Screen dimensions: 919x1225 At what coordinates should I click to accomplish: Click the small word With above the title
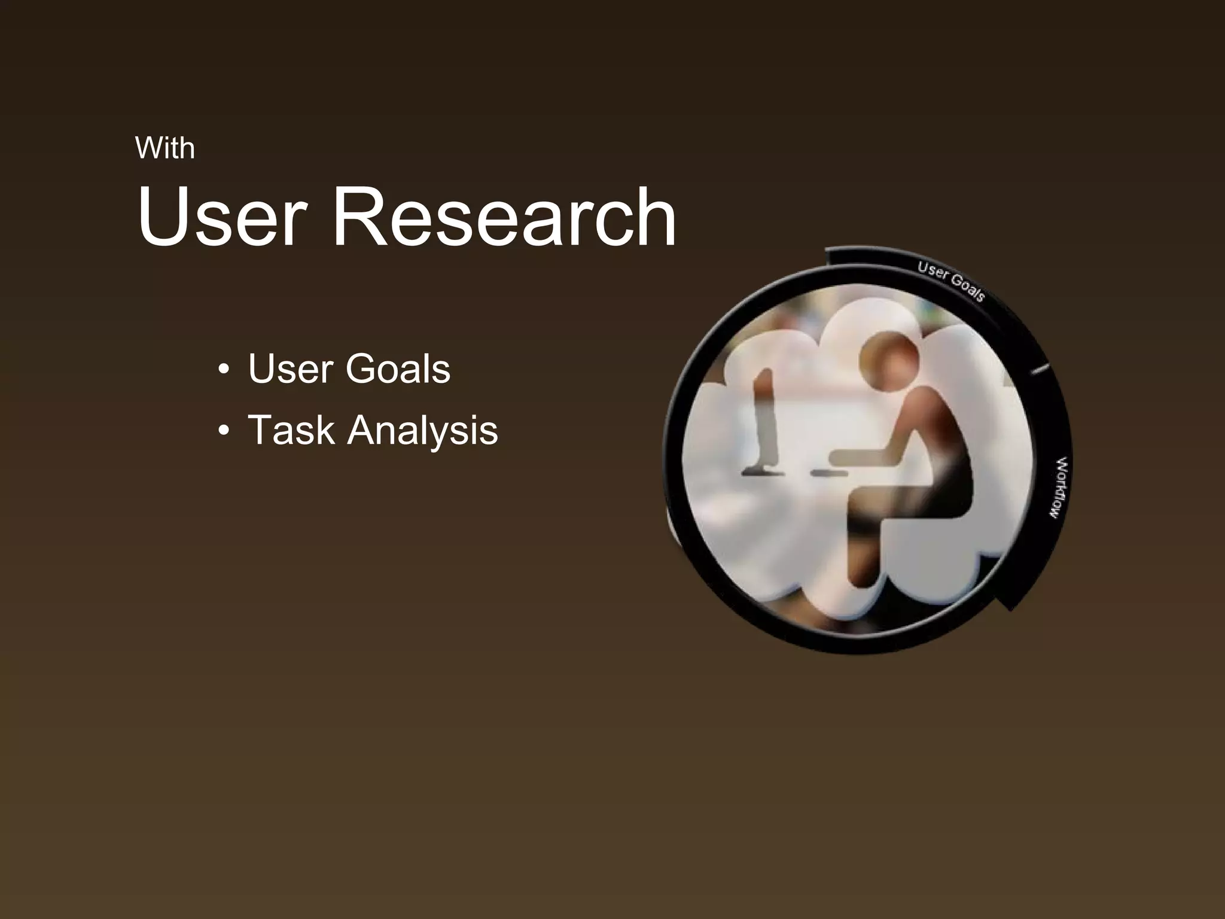(165, 148)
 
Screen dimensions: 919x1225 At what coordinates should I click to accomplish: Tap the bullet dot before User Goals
(224, 369)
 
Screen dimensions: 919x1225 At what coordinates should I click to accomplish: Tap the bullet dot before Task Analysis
(224, 431)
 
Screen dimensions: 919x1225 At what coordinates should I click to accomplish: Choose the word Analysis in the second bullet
(422, 431)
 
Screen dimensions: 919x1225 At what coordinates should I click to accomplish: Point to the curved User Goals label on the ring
(951, 281)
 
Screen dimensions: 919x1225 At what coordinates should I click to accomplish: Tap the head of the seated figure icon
(888, 358)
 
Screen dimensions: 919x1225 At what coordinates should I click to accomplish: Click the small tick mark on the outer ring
(1040, 369)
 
